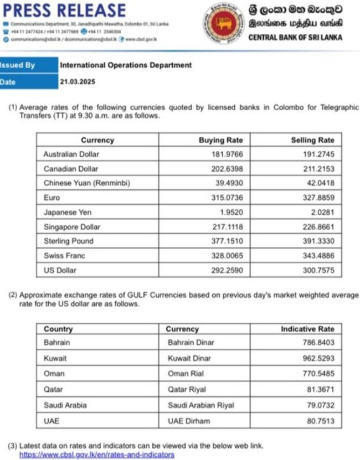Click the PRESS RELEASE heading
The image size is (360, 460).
tap(64, 9)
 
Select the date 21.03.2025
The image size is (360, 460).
tap(78, 82)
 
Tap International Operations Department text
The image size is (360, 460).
tap(125, 65)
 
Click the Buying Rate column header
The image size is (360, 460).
tap(220, 140)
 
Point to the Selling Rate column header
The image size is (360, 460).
tap(312, 140)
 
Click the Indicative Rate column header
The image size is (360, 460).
tap(307, 329)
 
